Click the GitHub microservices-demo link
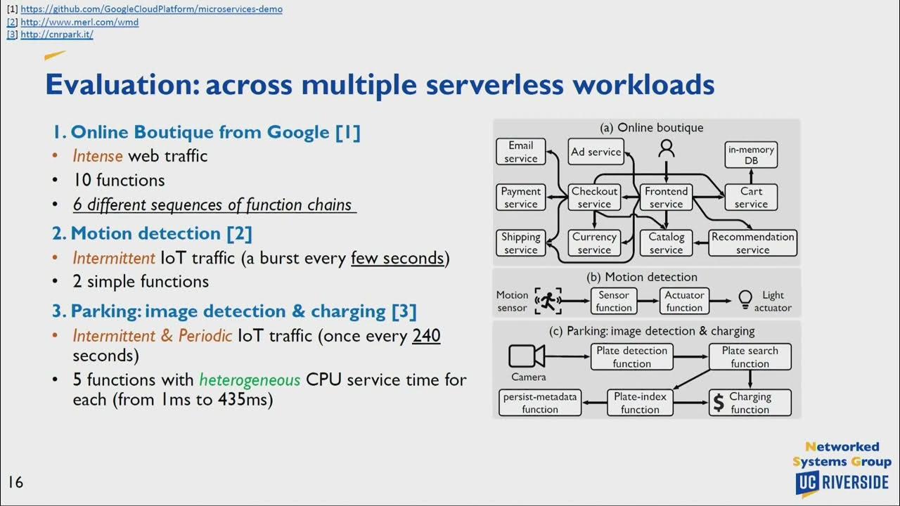pos(151,9)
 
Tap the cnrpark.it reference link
pos(57,34)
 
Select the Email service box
pos(520,152)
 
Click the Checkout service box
pos(594,197)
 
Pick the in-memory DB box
pos(751,155)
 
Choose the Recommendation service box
pos(752,243)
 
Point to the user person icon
pos(666,148)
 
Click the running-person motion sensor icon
pos(548,301)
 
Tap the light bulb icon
pos(745,299)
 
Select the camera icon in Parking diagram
pos(527,356)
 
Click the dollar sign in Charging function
pos(719,403)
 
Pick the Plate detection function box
pos(631,357)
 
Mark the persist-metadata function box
pos(540,403)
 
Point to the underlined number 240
pos(426,335)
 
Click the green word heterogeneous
pos(250,380)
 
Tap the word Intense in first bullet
pos(97,155)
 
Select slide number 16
pos(15,482)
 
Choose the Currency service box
pos(594,243)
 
